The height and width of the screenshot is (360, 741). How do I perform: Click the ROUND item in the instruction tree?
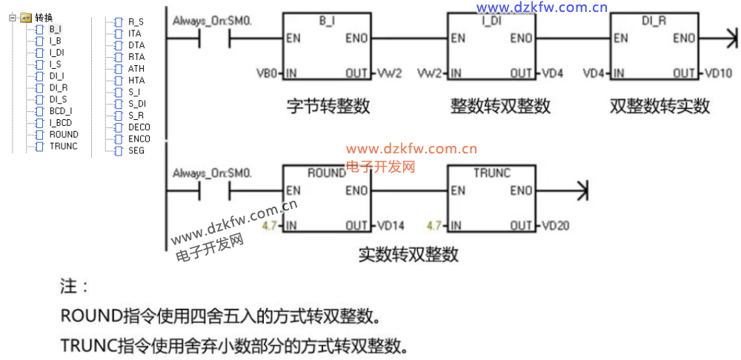tap(63, 135)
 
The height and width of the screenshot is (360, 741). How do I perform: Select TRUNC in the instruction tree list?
tap(63, 147)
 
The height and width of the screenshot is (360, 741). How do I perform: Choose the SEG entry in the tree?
tap(136, 150)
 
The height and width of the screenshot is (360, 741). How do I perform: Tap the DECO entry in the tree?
tap(139, 127)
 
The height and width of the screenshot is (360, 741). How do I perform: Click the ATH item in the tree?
tap(136, 69)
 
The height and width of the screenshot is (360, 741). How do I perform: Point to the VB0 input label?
tap(266, 73)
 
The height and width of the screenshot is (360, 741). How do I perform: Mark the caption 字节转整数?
tap(328, 106)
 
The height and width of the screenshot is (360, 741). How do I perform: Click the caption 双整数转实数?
tap(659, 106)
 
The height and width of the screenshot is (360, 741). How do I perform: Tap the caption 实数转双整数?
tap(408, 255)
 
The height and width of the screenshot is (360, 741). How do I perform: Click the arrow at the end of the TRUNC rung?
tap(583, 190)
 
